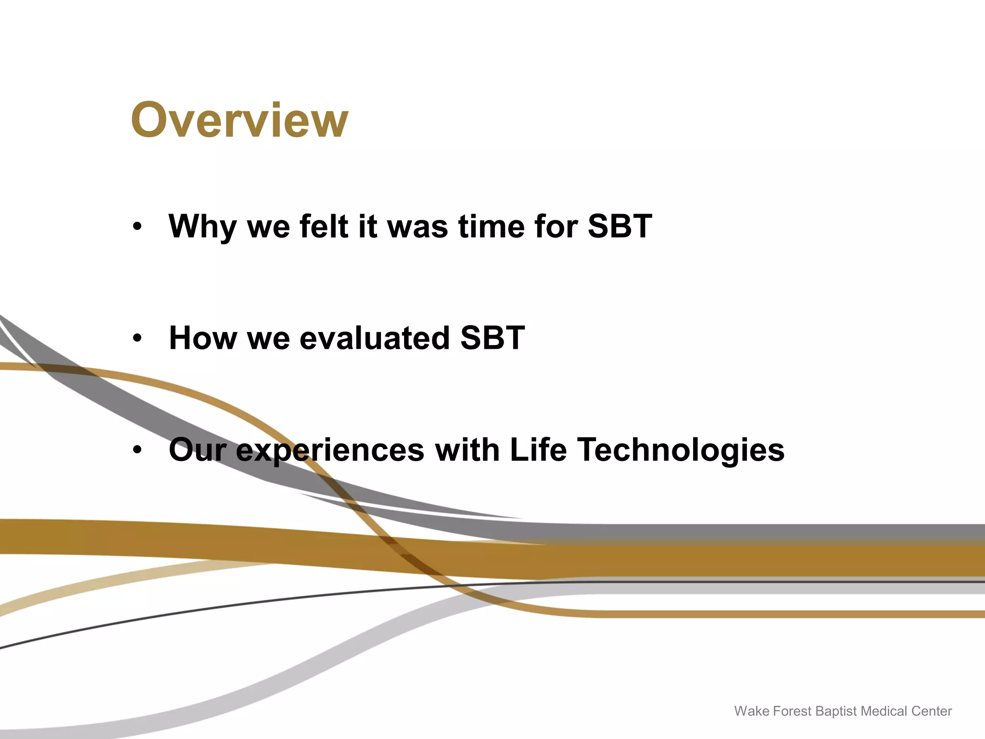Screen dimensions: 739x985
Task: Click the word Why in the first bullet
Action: [x=202, y=226]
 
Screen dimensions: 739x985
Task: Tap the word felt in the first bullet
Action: [x=324, y=226]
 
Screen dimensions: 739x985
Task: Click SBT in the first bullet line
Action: [x=619, y=226]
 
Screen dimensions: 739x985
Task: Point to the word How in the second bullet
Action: [x=202, y=338]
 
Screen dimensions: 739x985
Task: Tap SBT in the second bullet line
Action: [x=492, y=338]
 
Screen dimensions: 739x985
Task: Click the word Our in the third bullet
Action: [x=197, y=450]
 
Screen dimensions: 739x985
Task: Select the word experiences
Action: [x=330, y=450]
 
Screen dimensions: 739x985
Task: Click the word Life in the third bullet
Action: [x=538, y=450]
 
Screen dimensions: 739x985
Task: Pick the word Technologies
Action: [x=681, y=450]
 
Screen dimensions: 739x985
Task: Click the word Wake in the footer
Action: [x=751, y=711]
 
